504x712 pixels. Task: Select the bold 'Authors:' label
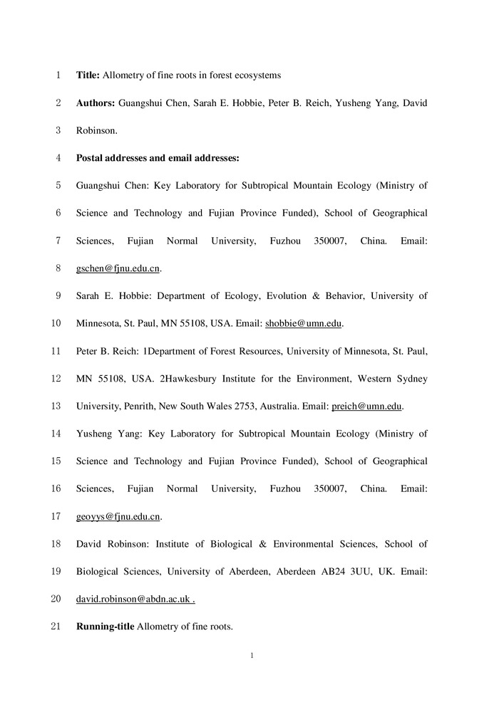click(x=96, y=103)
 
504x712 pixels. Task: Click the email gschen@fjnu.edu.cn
click(x=118, y=268)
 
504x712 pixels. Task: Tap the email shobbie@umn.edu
click(x=304, y=323)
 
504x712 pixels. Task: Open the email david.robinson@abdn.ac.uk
click(x=134, y=600)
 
